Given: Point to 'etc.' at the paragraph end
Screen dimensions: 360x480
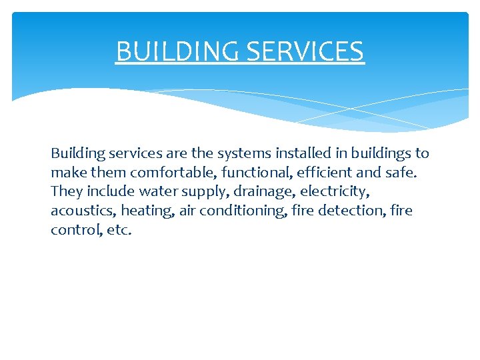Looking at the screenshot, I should coord(119,231).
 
